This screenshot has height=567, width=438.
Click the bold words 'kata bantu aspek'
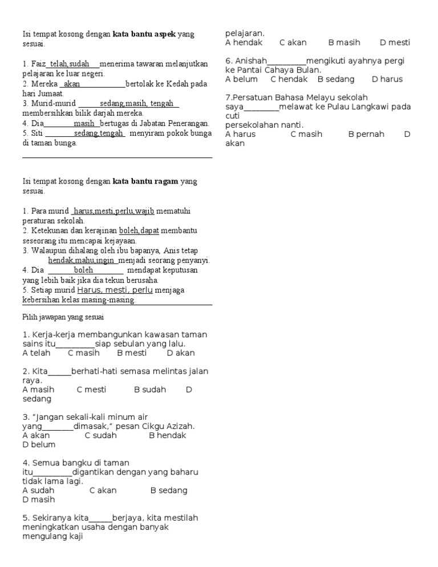[x=144, y=34]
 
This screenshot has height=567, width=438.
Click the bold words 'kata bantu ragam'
[x=145, y=181]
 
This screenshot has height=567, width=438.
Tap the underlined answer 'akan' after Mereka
[x=72, y=84]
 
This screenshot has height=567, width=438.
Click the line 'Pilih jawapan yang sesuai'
[x=63, y=317]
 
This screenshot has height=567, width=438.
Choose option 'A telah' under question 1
[x=36, y=353]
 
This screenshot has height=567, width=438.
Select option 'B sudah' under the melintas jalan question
[x=150, y=390]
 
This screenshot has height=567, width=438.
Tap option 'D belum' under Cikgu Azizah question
[x=39, y=444]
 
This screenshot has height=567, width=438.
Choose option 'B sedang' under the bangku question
[x=169, y=490]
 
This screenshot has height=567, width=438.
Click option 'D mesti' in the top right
[x=395, y=43]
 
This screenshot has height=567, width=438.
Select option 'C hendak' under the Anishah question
[x=289, y=79]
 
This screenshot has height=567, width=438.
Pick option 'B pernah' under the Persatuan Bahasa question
[x=366, y=134]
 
